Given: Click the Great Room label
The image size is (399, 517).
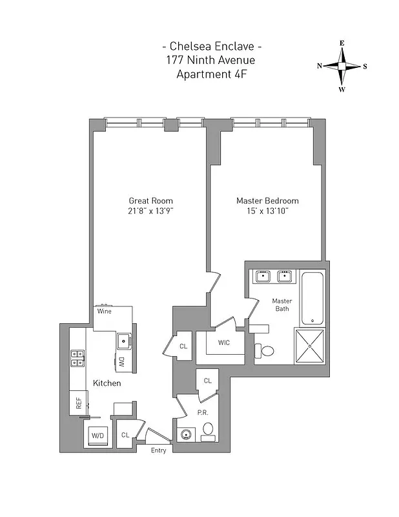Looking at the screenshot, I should [x=150, y=200].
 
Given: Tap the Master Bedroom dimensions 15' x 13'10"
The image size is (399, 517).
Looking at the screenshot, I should [x=267, y=211].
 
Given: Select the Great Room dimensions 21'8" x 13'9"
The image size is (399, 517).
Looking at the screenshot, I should [x=150, y=211].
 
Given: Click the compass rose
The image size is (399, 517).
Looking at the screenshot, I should [x=342, y=66].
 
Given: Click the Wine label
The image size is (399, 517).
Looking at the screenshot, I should [x=104, y=311].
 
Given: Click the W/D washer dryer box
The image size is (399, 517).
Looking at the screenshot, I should [x=97, y=436].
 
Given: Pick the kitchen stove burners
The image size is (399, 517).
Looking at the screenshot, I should [x=77, y=358].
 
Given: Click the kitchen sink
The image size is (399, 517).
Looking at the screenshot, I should [x=123, y=340].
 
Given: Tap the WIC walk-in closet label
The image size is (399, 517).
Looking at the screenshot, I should [x=224, y=342].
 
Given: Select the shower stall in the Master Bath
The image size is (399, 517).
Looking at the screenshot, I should [x=311, y=346].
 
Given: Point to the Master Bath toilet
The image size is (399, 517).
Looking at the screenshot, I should [x=265, y=351].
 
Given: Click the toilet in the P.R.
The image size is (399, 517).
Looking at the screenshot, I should [x=208, y=430].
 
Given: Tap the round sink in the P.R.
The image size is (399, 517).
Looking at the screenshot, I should [x=186, y=434].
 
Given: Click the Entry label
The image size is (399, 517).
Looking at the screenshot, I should [x=159, y=450].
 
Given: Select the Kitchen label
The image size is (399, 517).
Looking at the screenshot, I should [x=107, y=383].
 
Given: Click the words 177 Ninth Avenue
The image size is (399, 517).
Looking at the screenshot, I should [x=212, y=61].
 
